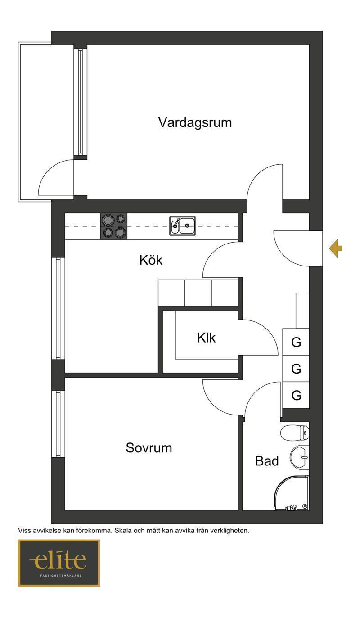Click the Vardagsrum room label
195,122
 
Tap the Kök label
151,260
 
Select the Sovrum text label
149,447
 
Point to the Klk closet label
206,338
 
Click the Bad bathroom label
267,461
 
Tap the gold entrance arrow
335,248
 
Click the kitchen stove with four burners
114,226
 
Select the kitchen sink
183,226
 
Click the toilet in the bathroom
295,433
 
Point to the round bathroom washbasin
299,457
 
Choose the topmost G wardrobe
296,342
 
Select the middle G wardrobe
296,368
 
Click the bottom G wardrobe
296,395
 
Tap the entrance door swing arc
284,256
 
